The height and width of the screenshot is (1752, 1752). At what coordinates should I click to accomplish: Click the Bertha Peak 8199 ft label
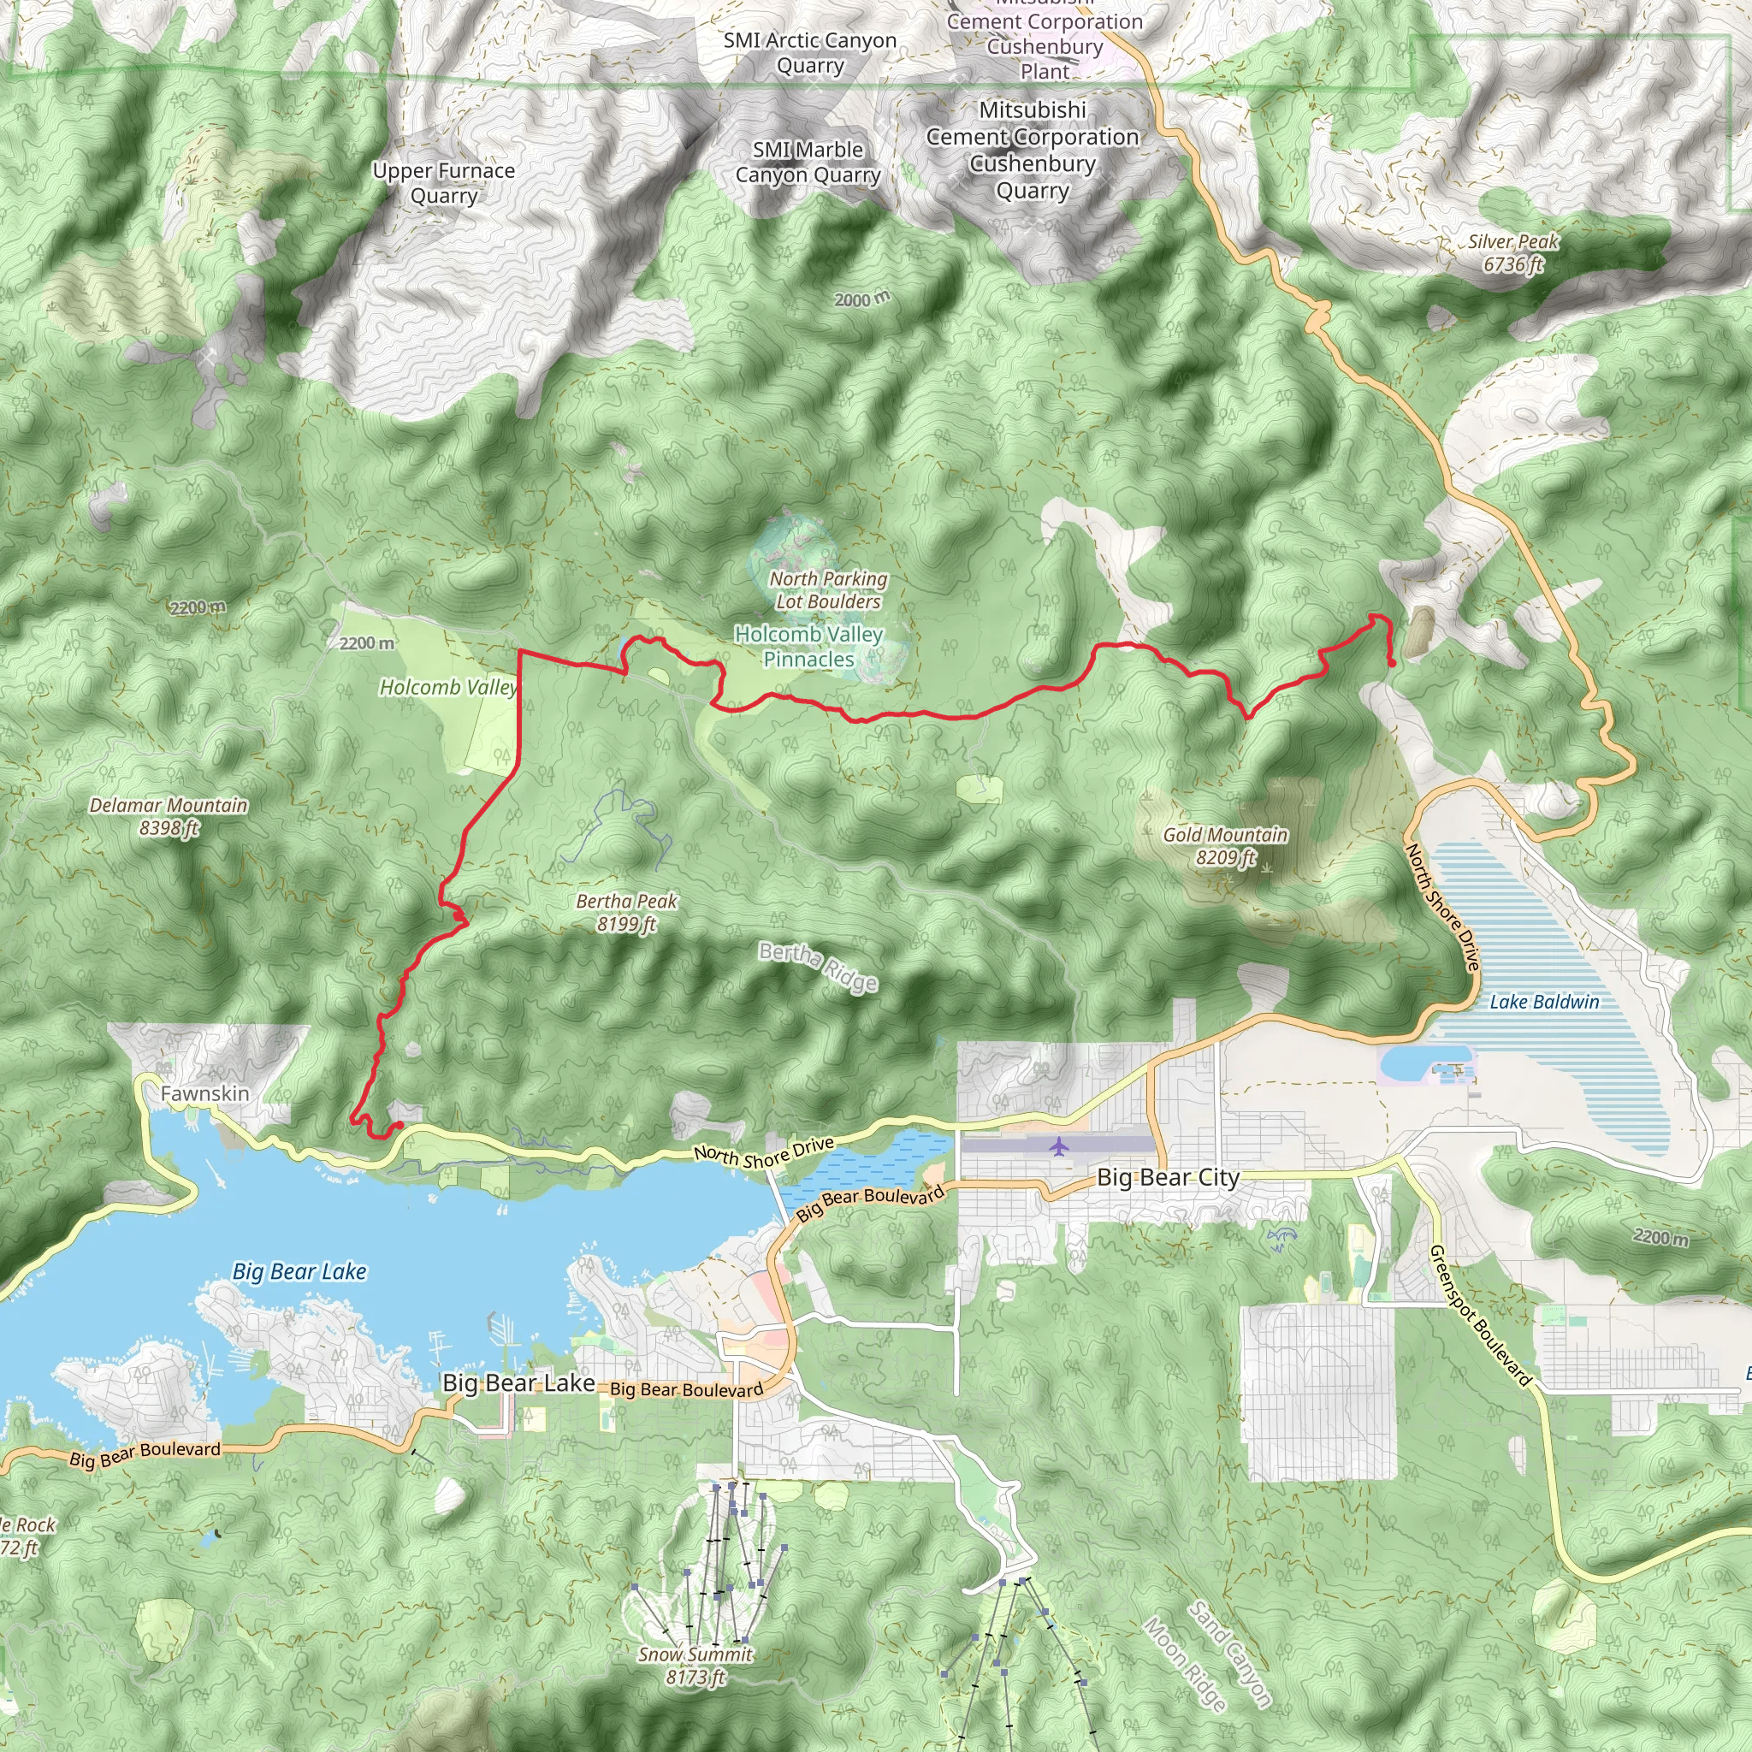626,912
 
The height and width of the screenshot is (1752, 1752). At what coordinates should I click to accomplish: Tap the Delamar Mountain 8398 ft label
169,816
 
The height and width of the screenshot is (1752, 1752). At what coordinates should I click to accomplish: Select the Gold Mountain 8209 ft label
1225,845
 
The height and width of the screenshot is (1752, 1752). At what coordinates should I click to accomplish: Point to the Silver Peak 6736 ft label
1512,253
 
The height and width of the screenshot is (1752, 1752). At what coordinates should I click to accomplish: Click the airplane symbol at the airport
1058,1147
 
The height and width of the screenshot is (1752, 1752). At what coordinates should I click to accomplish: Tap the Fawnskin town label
205,1093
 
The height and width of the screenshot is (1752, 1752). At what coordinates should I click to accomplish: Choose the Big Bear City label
1168,1177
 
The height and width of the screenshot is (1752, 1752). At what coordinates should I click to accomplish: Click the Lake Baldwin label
1544,1001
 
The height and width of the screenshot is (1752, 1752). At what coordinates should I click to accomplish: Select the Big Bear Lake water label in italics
299,1271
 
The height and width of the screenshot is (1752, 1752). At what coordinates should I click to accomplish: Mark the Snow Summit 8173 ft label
695,1665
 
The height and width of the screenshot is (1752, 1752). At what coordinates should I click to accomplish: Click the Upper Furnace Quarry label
443,183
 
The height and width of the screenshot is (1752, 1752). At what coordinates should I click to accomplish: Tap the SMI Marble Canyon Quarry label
807,163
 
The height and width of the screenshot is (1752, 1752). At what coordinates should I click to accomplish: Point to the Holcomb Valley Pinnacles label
809,647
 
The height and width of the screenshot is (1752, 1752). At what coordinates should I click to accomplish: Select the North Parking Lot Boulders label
828,589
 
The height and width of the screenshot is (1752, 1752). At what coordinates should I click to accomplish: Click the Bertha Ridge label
818,967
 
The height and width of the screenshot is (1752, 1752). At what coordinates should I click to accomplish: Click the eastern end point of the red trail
1391,664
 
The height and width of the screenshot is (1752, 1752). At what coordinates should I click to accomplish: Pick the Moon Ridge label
1184,1663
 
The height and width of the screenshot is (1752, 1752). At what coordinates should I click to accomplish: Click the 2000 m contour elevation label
862,299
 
